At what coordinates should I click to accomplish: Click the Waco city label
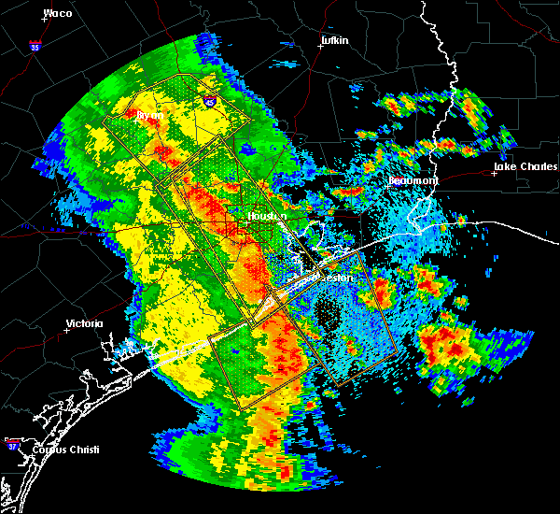58,14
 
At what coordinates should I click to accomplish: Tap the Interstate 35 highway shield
35,45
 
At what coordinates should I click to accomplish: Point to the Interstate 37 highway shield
11,441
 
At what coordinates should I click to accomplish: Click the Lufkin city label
333,41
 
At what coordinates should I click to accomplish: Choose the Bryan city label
150,115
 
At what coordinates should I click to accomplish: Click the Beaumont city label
413,179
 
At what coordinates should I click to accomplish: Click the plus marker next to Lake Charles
495,173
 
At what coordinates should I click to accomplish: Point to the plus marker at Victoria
66,330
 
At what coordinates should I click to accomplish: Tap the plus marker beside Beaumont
388,186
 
